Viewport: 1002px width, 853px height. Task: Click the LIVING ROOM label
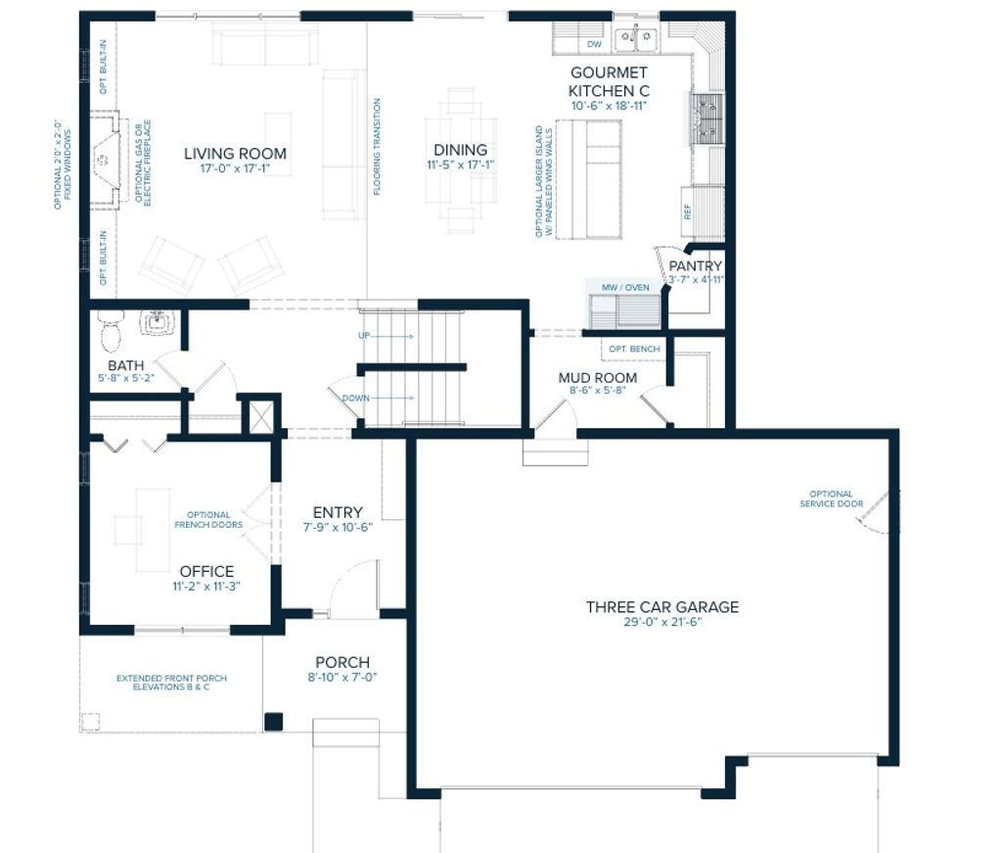tap(235, 153)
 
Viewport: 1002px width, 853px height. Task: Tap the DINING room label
tap(460, 150)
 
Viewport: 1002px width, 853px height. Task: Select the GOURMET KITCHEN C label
tap(609, 82)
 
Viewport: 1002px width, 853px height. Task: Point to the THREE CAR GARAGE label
tap(661, 607)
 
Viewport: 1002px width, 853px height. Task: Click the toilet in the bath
tap(110, 333)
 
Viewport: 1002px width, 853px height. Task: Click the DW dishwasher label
tap(594, 45)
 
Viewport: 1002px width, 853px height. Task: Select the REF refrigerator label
tap(687, 211)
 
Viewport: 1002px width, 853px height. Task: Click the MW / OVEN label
tap(625, 287)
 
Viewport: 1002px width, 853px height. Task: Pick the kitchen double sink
tap(635, 39)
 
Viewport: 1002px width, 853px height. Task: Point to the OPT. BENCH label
tap(634, 350)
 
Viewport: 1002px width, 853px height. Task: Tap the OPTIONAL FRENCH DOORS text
tap(203, 519)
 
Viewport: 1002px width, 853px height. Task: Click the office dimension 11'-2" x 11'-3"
tap(205, 587)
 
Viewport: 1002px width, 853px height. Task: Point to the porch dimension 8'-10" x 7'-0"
tap(342, 677)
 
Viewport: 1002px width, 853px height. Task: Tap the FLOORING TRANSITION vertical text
tap(377, 147)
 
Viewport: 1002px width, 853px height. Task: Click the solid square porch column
tap(274, 722)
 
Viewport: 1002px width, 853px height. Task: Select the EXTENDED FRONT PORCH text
tap(162, 682)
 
